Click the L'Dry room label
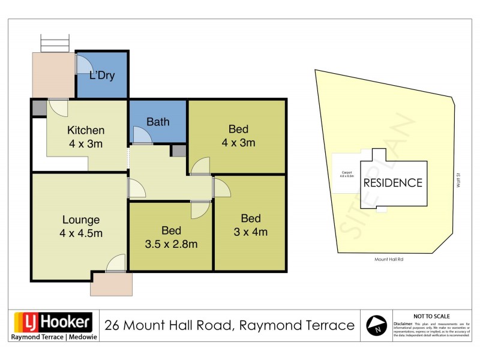101,76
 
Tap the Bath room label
158,122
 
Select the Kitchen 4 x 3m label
86,137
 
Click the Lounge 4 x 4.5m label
80,226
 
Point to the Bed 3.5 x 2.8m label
171,238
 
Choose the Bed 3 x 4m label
251,225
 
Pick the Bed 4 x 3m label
238,136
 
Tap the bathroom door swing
143,136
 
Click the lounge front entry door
116,264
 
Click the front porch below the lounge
111,284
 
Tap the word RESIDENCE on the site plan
393,183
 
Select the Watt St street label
458,180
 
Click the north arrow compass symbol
376,325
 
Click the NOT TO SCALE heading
431,316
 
